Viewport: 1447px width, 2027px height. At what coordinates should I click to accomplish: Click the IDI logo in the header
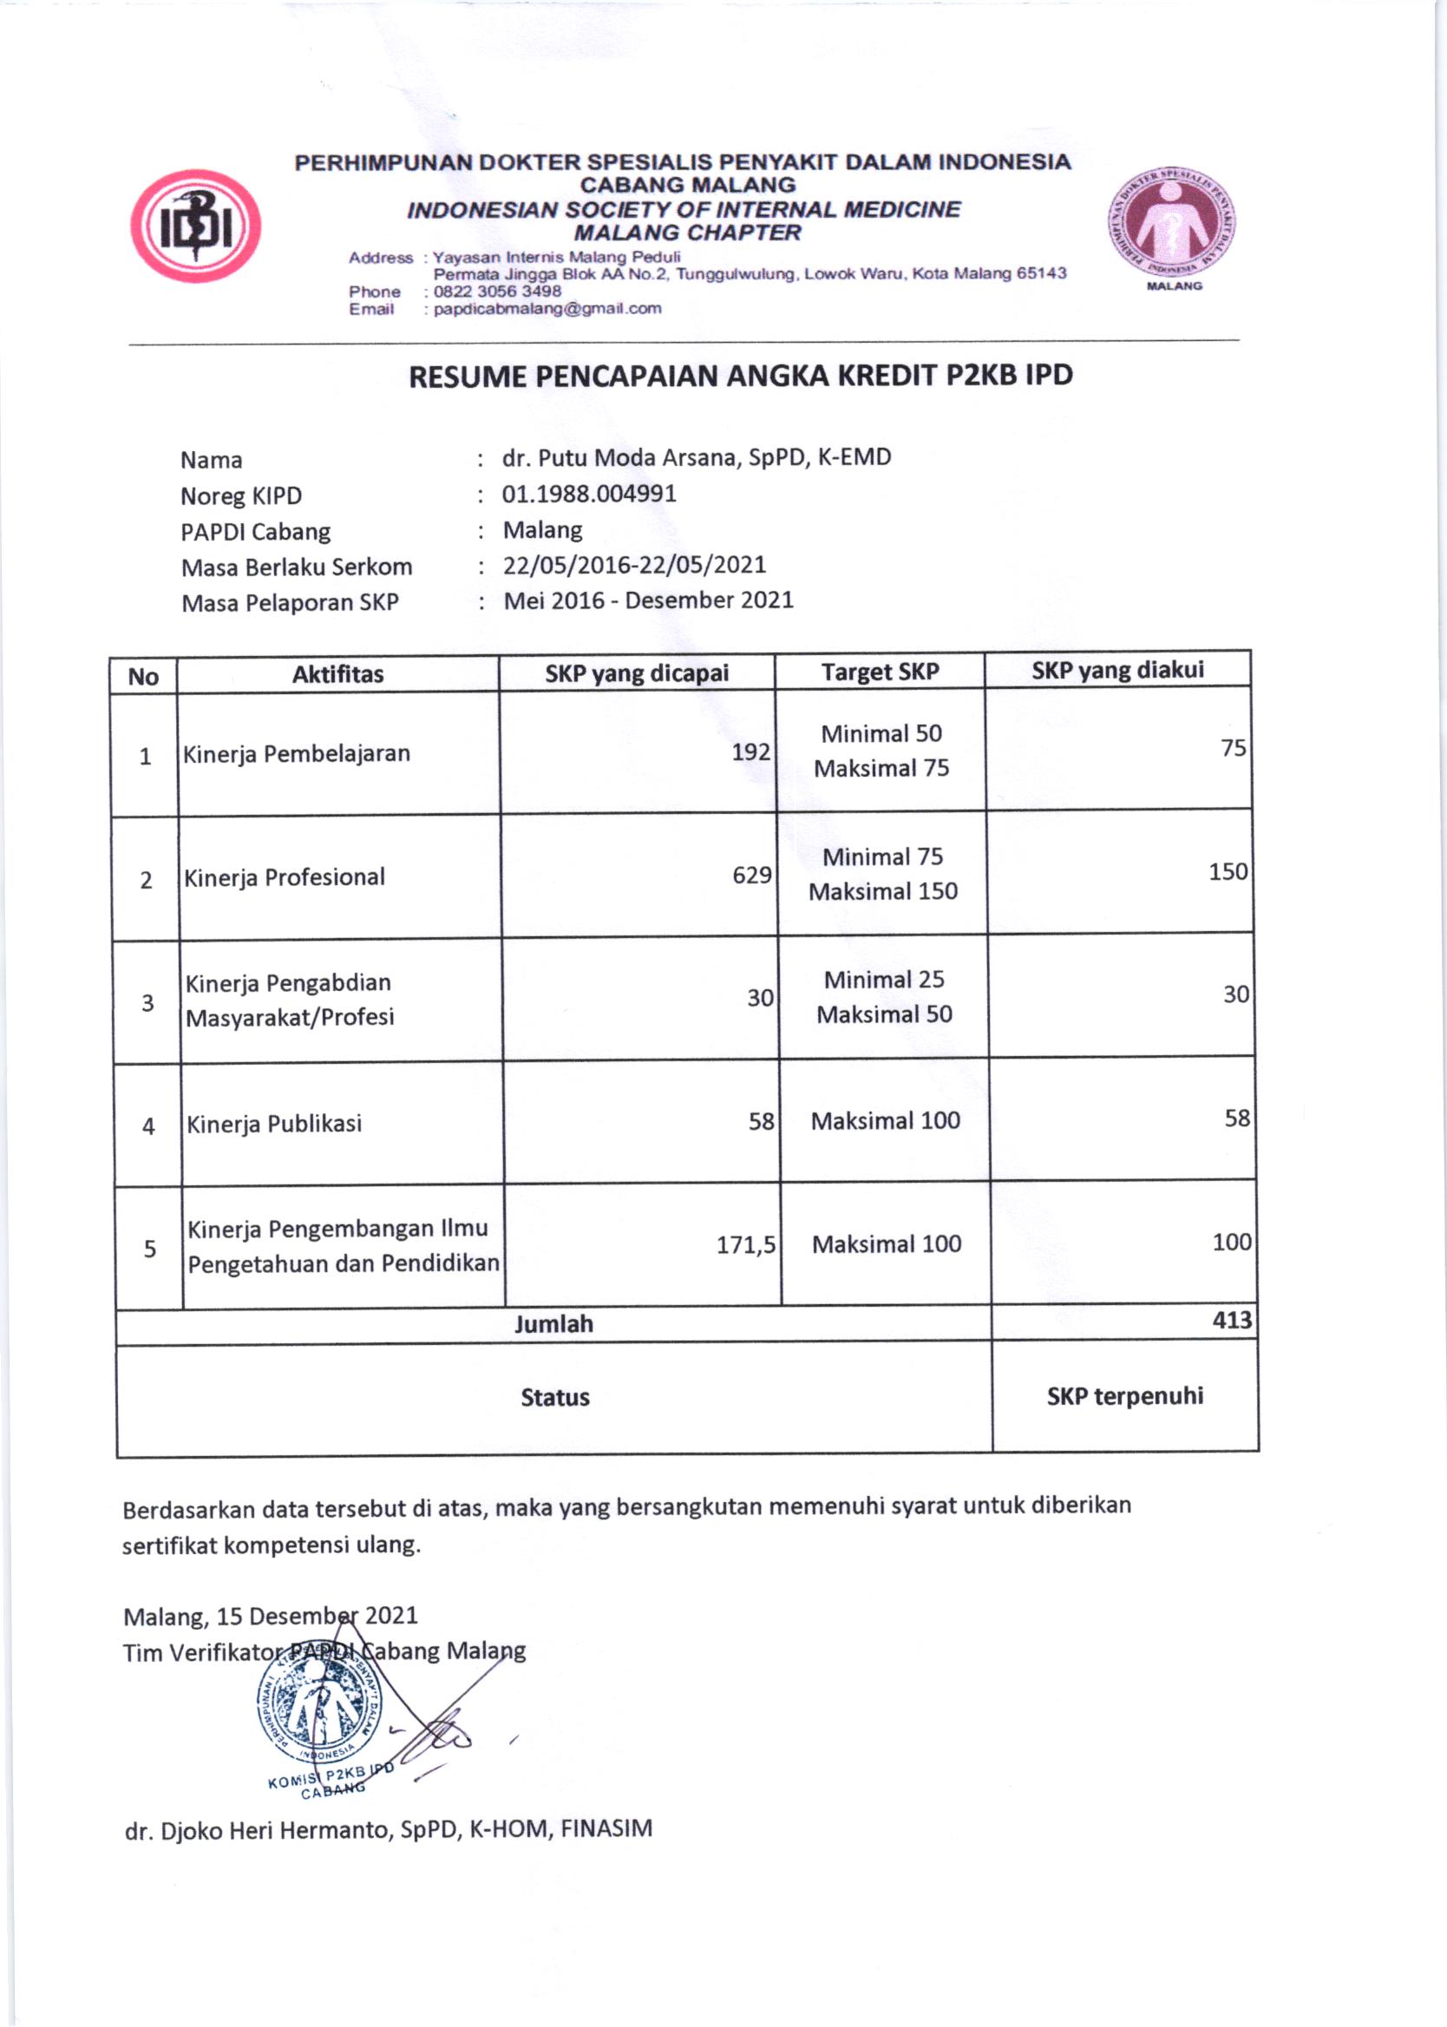pos(195,226)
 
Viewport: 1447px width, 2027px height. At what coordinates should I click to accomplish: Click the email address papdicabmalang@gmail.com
pos(547,309)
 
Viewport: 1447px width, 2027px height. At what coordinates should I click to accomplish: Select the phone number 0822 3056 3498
pos(497,292)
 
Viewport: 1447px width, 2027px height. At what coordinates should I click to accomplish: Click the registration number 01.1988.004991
pos(589,494)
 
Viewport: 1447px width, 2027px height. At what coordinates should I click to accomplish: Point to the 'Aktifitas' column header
pos(337,674)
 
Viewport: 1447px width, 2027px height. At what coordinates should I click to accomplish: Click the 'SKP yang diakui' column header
pos(1117,670)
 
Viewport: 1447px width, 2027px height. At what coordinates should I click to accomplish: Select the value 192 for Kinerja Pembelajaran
pos(750,752)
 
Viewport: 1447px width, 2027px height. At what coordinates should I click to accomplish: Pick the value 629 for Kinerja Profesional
pos(751,875)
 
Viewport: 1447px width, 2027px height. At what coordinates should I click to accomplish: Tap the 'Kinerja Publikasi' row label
pos(274,1124)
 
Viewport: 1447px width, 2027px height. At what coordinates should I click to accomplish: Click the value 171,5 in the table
pos(746,1244)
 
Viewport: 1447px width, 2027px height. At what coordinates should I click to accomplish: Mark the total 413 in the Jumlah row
pos(1231,1320)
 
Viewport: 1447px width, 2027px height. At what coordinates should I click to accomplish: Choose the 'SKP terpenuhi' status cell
pos(1124,1396)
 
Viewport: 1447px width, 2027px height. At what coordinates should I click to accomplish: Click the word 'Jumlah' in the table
pos(553,1324)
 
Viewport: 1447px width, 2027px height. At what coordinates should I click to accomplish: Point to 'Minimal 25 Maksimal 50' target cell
pos(884,997)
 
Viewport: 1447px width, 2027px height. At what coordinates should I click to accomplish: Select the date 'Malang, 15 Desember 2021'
pos(270,1617)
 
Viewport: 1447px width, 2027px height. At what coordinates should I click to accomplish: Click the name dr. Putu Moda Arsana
pos(696,458)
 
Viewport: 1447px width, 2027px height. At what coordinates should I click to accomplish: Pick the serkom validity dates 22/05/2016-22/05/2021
pos(634,565)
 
